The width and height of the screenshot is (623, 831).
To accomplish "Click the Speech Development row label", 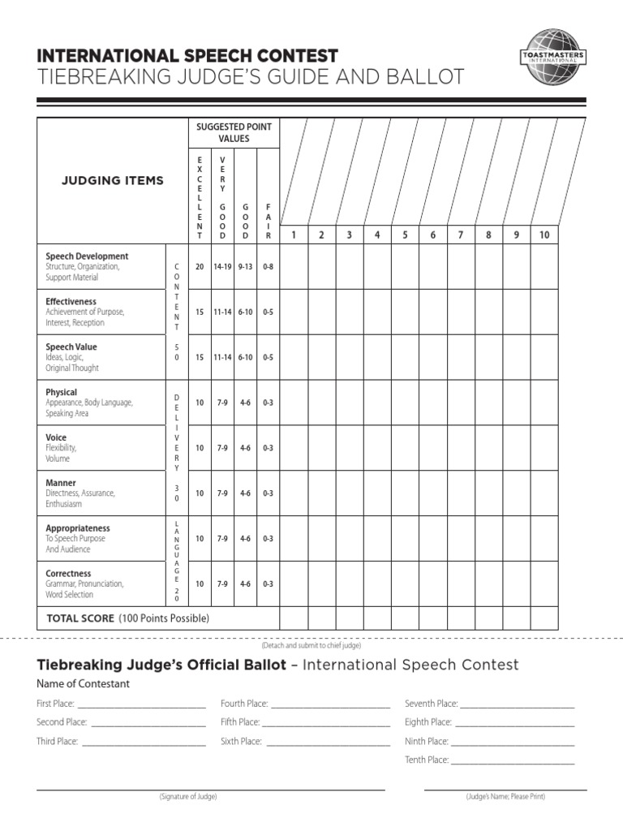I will tap(87, 256).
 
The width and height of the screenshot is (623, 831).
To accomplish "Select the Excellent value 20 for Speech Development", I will tap(200, 266).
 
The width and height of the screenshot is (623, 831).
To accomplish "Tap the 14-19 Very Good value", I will tap(222, 266).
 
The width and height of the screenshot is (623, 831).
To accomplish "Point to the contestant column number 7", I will tap(460, 235).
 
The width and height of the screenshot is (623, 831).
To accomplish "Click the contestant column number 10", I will tap(544, 235).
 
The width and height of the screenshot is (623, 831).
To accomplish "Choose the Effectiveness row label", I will tap(71, 302).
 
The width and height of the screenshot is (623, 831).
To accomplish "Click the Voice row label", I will tap(56, 437).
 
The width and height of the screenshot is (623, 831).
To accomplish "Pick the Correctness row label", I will tap(68, 574).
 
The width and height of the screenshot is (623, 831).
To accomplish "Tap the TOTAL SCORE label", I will tap(80, 618).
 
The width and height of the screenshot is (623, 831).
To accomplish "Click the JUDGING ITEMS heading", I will tap(113, 181).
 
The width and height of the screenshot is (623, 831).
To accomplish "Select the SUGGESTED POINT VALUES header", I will tap(234, 133).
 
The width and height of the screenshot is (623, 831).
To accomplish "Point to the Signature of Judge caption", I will tap(188, 797).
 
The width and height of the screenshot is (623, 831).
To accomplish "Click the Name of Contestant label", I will tap(83, 684).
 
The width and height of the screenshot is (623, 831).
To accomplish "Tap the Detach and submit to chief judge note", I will tap(311, 645).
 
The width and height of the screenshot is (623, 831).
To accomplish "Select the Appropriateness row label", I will tap(78, 528).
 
